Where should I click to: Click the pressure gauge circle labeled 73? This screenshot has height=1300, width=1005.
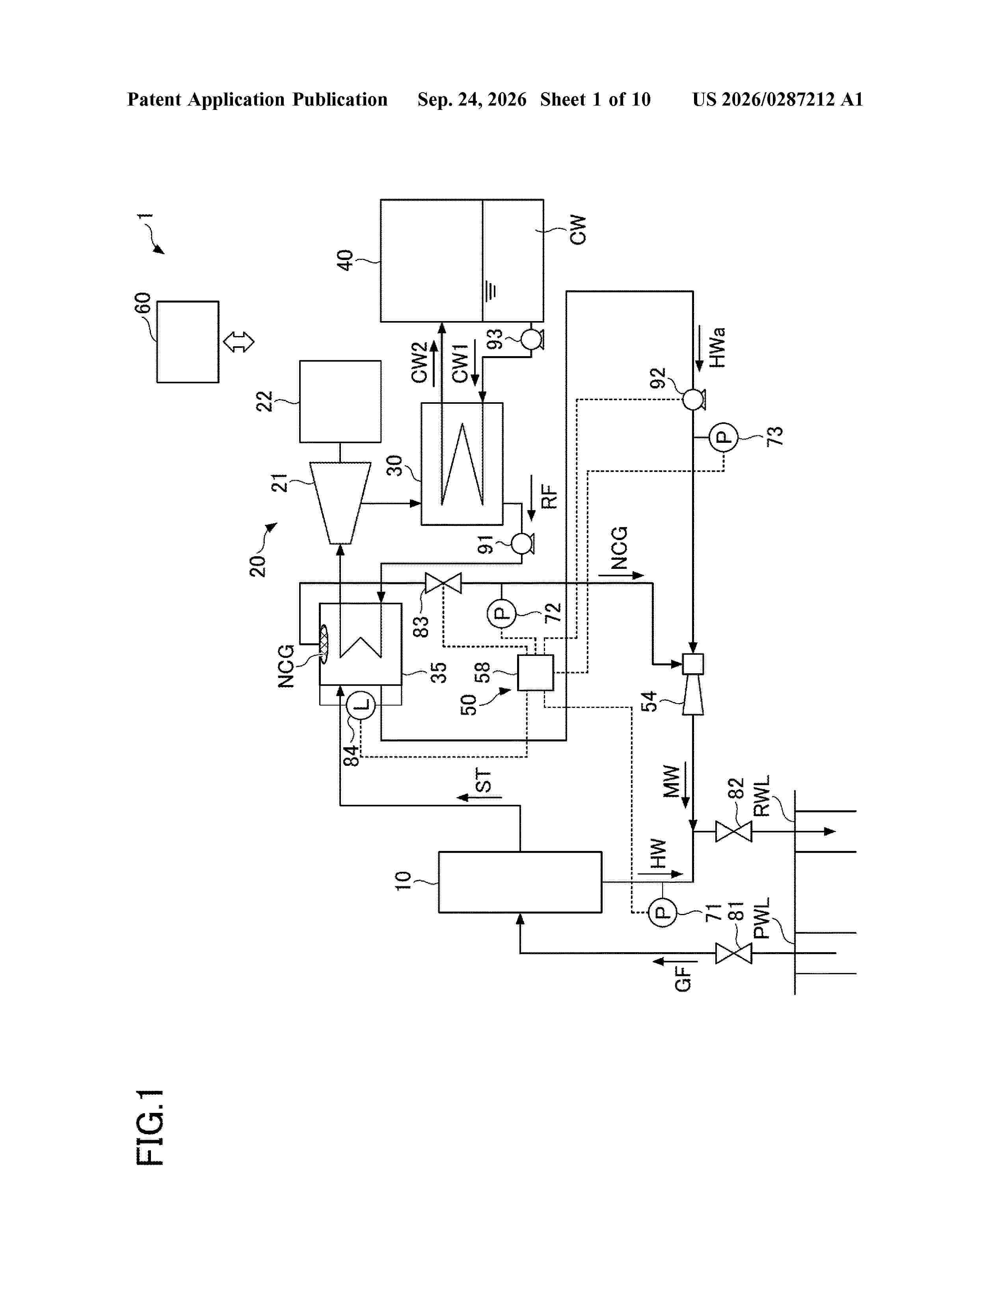pyautogui.click(x=723, y=438)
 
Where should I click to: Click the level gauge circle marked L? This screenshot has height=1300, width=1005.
pyautogui.click(x=361, y=706)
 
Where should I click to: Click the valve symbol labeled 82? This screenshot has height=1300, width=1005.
pyautogui.click(x=733, y=831)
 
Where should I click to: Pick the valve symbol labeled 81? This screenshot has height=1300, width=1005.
pyautogui.click(x=733, y=953)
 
